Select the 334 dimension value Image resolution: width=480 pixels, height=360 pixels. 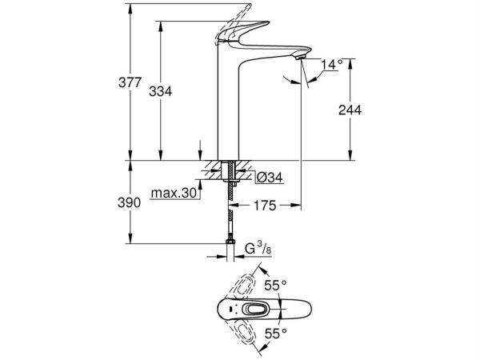161,92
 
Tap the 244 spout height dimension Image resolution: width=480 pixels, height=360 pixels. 350,110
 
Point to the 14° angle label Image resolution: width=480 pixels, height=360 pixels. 332,63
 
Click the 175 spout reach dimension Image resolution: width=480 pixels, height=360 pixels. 266,206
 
